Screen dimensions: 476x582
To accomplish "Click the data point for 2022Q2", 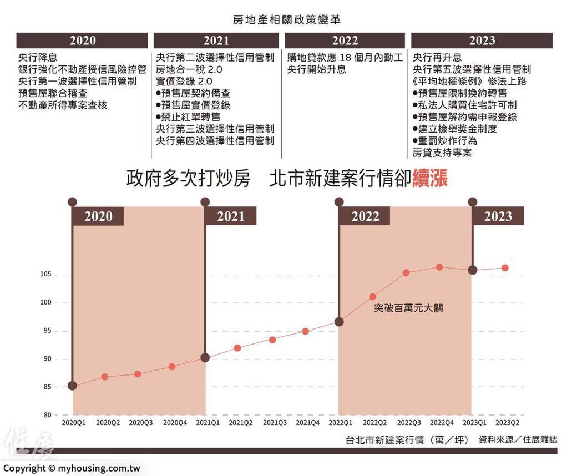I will click(x=373, y=297).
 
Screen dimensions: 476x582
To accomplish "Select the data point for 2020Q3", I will click(x=138, y=374).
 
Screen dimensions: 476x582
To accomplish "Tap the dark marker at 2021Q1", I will click(x=205, y=358).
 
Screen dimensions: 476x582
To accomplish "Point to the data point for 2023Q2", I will click(x=505, y=268).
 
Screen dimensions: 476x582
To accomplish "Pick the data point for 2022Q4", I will click(x=439, y=267).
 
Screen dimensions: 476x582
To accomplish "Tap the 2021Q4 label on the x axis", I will click(x=307, y=423).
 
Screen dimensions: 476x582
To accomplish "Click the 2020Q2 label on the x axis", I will click(x=108, y=423).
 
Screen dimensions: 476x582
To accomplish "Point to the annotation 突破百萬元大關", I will click(x=408, y=308).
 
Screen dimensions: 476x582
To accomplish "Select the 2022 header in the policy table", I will click(x=345, y=40).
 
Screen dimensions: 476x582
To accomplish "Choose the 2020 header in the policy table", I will click(x=82, y=40).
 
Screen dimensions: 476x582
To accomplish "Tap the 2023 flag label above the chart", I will click(x=498, y=216).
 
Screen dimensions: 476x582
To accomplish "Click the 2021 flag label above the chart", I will click(x=230, y=216).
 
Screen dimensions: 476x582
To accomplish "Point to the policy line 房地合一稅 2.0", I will click(x=181, y=69).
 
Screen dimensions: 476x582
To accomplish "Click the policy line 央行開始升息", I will click(x=317, y=69).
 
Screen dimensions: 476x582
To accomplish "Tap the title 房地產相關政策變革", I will click(x=287, y=19).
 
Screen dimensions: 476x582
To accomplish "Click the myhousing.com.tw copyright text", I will click(x=71, y=468).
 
